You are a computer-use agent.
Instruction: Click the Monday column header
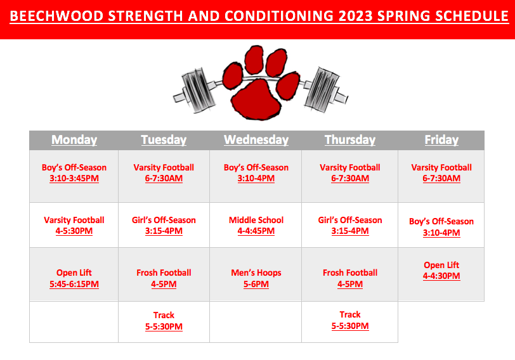click(74, 140)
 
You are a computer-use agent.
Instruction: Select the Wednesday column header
click(256, 140)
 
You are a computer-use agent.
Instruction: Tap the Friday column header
click(441, 140)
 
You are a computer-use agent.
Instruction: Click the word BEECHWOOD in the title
click(56, 16)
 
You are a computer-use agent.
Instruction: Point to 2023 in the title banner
click(355, 16)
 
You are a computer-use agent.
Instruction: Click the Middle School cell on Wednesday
click(256, 225)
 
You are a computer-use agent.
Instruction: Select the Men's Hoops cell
click(256, 278)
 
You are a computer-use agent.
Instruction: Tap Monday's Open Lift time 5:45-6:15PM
click(74, 284)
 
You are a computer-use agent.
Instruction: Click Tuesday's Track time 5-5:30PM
click(164, 326)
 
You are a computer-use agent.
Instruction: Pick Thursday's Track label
click(350, 314)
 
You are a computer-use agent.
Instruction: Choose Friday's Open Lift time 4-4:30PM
click(441, 276)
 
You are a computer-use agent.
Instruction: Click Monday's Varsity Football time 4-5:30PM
click(74, 231)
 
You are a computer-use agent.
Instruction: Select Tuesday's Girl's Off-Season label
click(164, 220)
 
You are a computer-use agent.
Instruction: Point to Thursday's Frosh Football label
click(350, 273)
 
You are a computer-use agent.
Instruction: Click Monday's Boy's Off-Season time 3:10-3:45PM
click(74, 178)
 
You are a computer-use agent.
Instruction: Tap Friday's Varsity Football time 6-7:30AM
click(441, 178)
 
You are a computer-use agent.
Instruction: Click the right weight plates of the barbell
click(322, 89)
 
